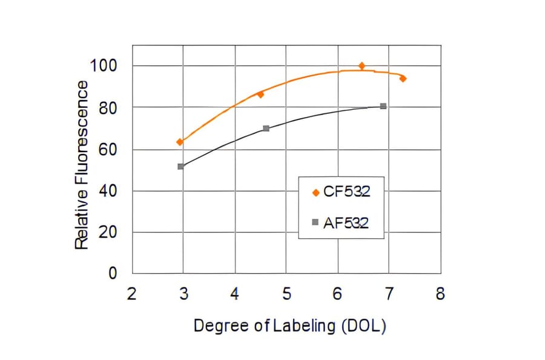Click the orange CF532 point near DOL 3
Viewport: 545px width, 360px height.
coord(180,142)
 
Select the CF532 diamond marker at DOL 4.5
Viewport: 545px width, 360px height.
coord(260,95)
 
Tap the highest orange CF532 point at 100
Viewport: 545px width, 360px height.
coord(362,65)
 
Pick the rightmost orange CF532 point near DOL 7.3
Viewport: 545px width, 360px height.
coord(403,79)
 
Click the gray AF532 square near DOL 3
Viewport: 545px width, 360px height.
coord(180,166)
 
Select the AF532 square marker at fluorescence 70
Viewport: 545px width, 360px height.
coord(266,128)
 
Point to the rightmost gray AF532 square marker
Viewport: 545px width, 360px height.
coord(383,106)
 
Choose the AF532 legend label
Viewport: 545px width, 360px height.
coord(346,222)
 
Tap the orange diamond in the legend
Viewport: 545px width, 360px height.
coord(315,193)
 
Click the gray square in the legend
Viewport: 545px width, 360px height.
coord(315,222)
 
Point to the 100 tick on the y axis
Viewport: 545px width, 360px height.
coord(104,65)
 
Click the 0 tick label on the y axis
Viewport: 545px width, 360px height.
coord(112,273)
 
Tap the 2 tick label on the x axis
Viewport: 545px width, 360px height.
coord(132,295)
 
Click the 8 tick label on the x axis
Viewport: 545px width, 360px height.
coord(440,295)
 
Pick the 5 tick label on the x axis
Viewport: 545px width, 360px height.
coord(286,295)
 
